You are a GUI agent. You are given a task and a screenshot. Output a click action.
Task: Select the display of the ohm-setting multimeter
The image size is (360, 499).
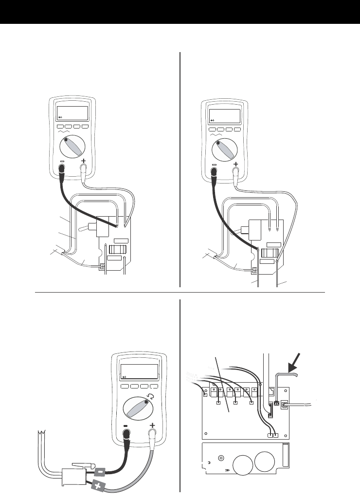[139, 371]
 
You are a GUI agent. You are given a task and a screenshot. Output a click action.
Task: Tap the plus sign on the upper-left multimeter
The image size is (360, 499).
[84, 162]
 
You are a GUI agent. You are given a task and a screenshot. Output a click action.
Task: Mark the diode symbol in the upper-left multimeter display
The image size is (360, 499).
[60, 117]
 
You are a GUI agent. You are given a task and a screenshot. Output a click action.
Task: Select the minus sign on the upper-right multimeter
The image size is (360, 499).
[215, 166]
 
